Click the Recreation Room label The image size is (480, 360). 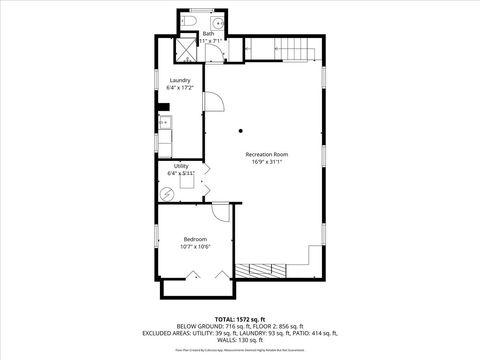click(x=267, y=154)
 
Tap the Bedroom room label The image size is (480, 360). click(x=195, y=239)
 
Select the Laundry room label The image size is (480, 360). click(x=180, y=80)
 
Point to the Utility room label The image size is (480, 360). click(x=181, y=166)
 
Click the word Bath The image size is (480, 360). click(x=208, y=34)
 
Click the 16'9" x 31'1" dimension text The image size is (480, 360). click(x=267, y=162)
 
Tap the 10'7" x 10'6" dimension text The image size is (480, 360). click(x=195, y=247)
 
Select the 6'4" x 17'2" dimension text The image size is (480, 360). click(x=180, y=88)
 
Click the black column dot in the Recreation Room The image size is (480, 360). click(x=242, y=131)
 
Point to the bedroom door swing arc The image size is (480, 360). click(x=221, y=209)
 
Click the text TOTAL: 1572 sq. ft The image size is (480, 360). click(x=239, y=318)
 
